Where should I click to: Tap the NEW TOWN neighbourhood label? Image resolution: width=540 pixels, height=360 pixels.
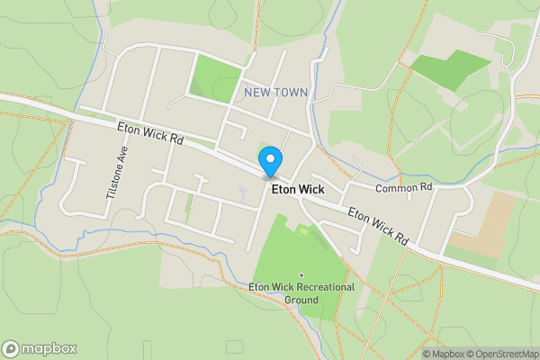[x=276, y=93]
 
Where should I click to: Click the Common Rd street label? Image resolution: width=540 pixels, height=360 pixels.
[x=404, y=187]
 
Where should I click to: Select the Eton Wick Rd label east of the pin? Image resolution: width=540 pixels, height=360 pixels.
[x=379, y=228]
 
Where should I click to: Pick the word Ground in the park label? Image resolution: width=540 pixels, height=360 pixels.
[x=301, y=299]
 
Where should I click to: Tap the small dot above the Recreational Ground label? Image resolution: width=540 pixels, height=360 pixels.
[x=301, y=275]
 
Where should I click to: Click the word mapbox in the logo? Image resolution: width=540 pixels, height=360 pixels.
[x=49, y=349]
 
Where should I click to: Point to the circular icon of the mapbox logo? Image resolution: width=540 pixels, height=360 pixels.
[x=11, y=349]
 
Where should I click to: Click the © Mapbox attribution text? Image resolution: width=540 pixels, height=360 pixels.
[x=444, y=354]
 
